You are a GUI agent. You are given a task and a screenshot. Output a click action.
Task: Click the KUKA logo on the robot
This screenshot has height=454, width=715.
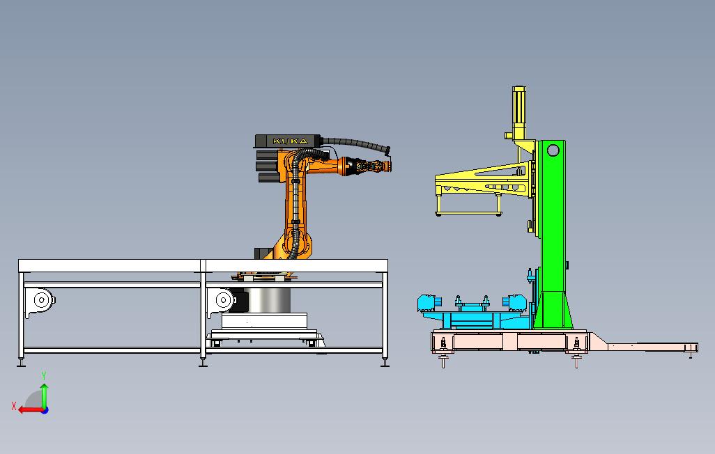(290, 141)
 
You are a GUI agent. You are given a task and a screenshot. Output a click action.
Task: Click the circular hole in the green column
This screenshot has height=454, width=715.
(553, 150)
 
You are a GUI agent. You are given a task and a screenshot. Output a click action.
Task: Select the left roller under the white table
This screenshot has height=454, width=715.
(41, 300)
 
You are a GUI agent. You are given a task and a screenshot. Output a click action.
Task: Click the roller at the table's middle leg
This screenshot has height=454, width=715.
(224, 300)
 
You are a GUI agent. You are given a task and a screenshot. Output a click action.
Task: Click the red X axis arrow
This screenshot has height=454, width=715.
(31, 410)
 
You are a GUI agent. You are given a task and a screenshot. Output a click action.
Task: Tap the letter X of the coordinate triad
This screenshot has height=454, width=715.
(14, 406)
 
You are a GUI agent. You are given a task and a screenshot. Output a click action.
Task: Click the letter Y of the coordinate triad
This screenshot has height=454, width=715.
(44, 375)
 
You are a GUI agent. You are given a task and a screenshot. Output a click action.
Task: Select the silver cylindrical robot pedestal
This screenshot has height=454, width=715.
(268, 299)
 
